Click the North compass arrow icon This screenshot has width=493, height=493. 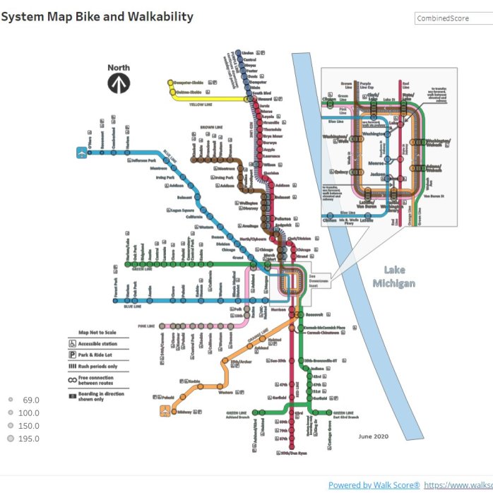pyautogui.click(x=119, y=83)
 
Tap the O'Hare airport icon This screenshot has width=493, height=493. pyautogui.click(x=82, y=152)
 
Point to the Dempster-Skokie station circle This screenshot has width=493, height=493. pyautogui.click(x=172, y=83)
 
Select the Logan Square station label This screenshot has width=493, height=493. pyautogui.click(x=182, y=210)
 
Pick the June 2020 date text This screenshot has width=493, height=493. pyautogui.click(x=374, y=436)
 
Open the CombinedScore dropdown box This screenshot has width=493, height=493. pyautogui.click(x=452, y=18)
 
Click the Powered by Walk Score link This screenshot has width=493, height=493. pyautogui.click(x=374, y=485)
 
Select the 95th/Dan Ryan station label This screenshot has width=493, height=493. pyautogui.click(x=294, y=453)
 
